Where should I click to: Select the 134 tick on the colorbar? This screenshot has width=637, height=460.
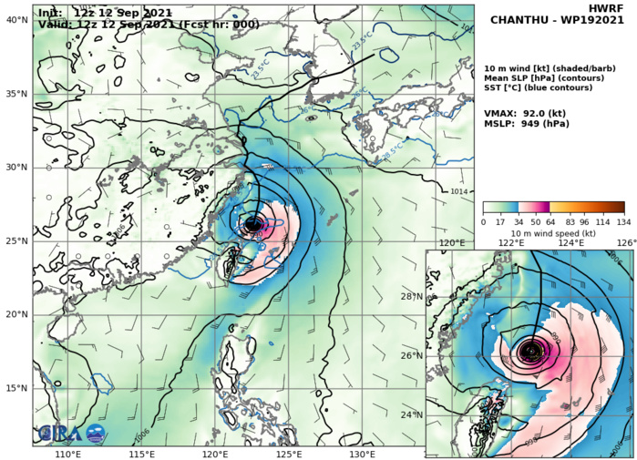click(x=624, y=221)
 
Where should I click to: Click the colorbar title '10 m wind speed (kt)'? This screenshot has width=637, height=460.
click(x=553, y=233)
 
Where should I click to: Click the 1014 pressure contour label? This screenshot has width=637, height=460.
click(x=460, y=191)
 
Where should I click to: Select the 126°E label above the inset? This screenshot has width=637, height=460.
click(x=625, y=243)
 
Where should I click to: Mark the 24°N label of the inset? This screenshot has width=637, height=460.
click(x=413, y=415)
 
